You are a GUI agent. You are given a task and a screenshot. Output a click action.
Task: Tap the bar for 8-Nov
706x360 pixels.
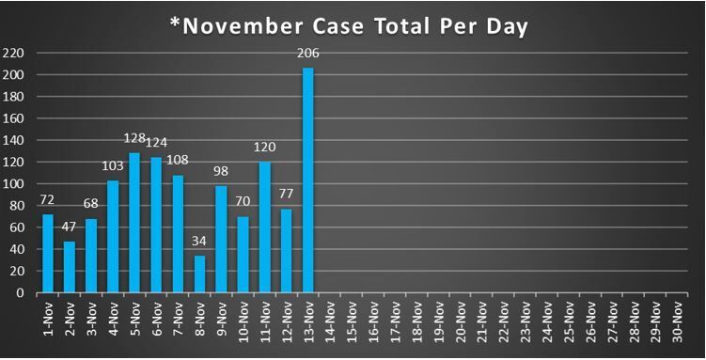[x=199, y=274]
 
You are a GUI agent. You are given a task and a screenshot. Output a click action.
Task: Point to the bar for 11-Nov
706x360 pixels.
[x=265, y=227]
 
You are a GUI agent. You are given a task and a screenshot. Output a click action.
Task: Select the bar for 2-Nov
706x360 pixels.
[x=70, y=267]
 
